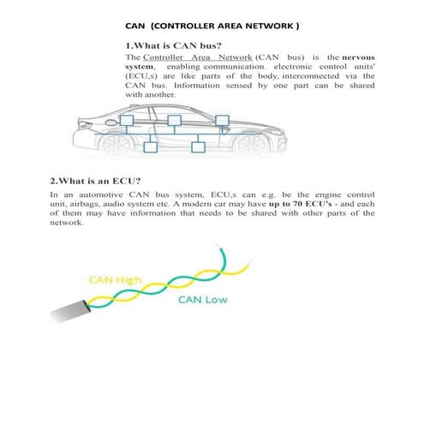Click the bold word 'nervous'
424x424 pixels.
[x=353, y=56]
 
